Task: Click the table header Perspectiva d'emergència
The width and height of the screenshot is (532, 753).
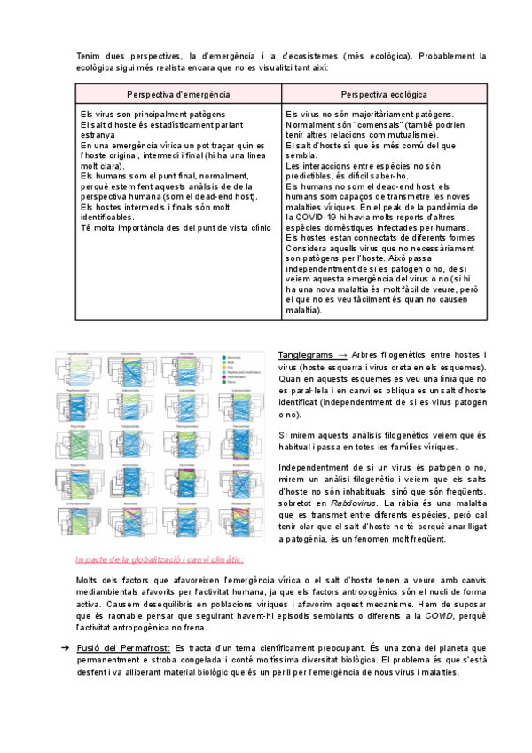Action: point(178,94)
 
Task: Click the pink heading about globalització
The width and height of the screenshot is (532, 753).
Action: point(160,559)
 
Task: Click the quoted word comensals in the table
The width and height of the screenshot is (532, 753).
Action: point(364,125)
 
